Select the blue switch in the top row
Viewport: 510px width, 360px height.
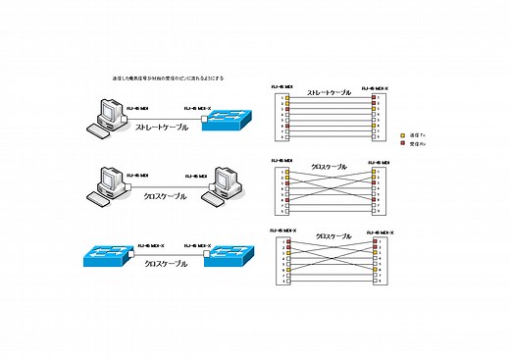point(225,119)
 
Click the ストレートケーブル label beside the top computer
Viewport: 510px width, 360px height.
point(161,127)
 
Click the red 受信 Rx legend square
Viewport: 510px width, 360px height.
point(402,143)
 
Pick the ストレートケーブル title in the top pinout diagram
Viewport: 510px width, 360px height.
point(330,94)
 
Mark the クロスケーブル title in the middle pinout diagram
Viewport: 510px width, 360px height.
point(330,166)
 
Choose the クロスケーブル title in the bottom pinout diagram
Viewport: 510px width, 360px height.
point(333,236)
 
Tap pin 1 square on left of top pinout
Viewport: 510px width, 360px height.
point(287,98)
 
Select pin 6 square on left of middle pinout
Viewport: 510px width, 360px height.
point(287,199)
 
